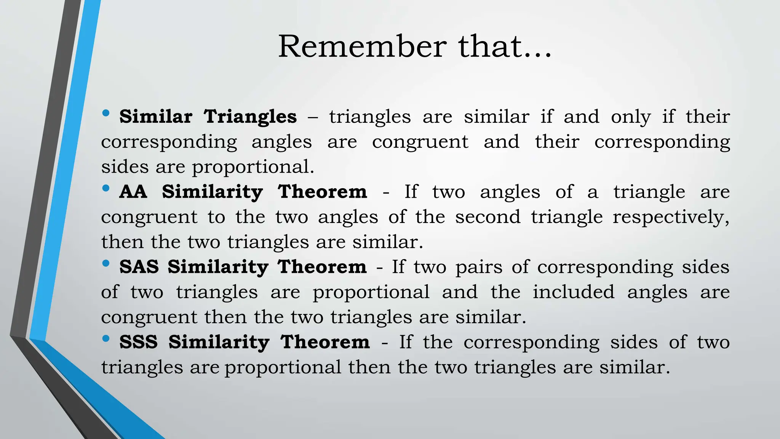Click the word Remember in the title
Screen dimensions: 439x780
coord(362,46)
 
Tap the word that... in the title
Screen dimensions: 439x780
coord(505,46)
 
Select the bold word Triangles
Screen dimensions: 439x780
coord(250,117)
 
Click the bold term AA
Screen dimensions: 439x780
coord(133,192)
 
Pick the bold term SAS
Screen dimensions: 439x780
coord(139,267)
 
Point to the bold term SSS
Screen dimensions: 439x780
coord(139,342)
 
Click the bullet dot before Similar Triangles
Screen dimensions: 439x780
coord(106,113)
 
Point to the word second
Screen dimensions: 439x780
coord(487,217)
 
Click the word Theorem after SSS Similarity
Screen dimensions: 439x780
coord(325,342)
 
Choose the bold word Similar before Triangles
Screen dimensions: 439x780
coord(156,117)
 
